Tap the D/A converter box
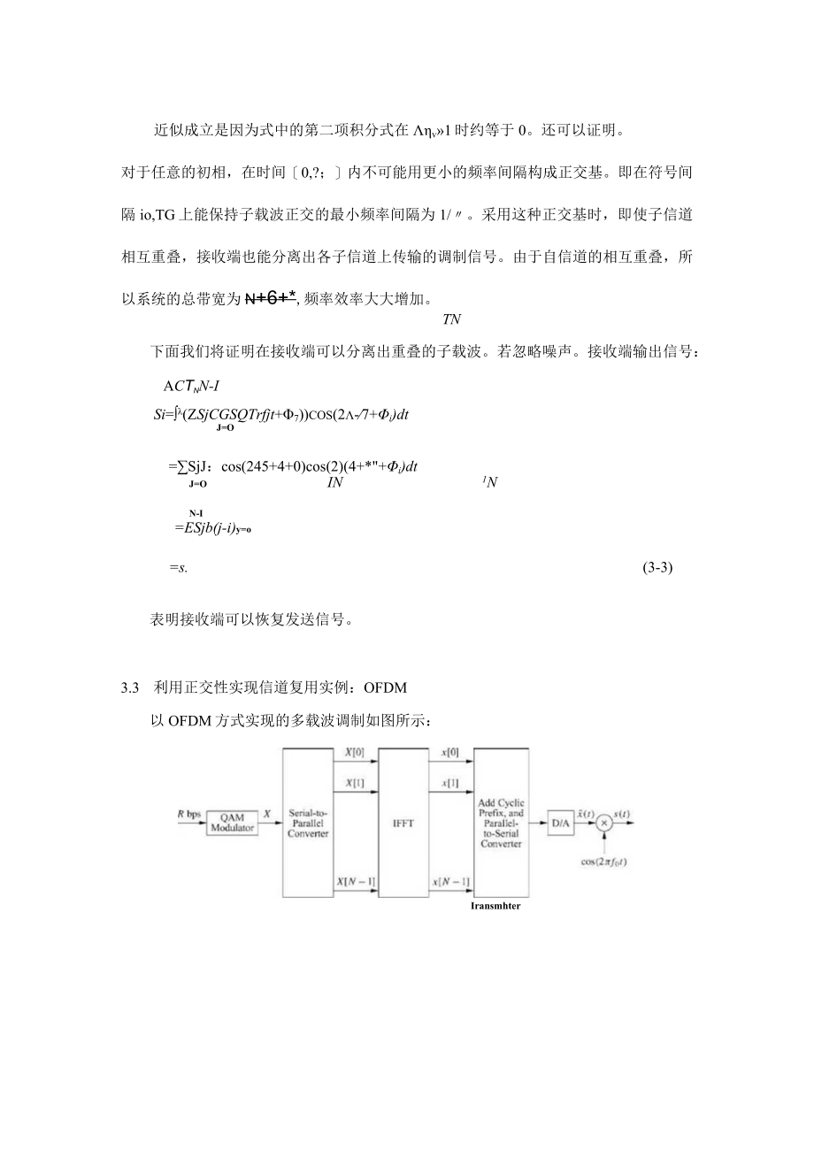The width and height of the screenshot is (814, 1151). pos(560,823)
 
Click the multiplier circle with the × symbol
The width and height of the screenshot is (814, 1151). pos(605,823)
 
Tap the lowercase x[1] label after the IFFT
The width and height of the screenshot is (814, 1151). pos(449,784)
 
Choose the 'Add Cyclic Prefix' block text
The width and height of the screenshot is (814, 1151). pos(501,823)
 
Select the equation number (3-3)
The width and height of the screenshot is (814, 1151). pos(657,569)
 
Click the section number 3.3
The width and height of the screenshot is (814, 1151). pos(130,687)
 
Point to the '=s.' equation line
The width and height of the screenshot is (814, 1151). pos(176,569)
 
